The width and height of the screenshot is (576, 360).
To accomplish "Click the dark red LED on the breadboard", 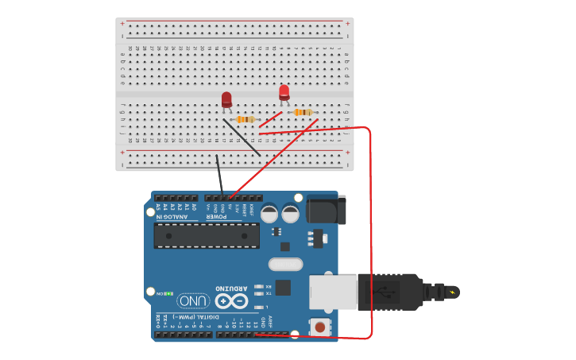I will click(226, 99).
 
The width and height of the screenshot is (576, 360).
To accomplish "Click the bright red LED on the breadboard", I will click(284, 92).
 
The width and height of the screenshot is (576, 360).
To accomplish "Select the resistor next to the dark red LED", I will click(247, 119).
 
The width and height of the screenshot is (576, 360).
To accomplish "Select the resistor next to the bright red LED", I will click(303, 112).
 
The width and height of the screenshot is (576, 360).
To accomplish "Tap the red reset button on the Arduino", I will click(320, 326).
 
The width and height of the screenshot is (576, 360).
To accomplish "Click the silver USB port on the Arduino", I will click(332, 291).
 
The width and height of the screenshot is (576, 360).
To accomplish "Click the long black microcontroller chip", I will click(207, 235).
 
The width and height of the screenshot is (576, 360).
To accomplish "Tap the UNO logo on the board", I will click(193, 301).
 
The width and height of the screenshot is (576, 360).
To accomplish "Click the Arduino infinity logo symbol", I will click(231, 301).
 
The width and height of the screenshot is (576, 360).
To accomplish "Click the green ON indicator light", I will click(168, 293).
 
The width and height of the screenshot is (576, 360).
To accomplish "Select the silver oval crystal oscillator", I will click(285, 264).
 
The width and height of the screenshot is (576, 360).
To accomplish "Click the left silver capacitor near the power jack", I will click(269, 214).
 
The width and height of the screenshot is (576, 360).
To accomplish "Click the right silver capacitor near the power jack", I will click(290, 214).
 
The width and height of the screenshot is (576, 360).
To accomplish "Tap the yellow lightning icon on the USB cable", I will click(453, 292).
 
